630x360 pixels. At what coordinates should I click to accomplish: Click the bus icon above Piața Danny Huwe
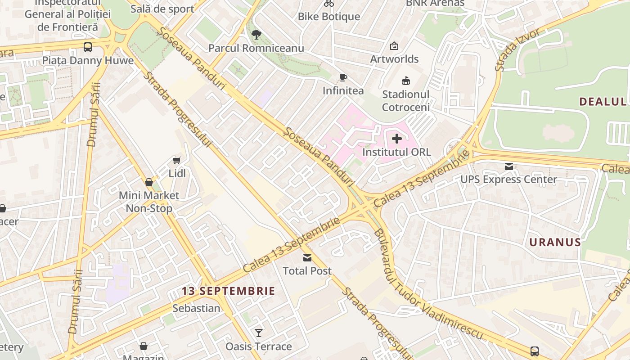click(x=88, y=47)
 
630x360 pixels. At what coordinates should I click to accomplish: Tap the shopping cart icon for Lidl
click(x=177, y=160)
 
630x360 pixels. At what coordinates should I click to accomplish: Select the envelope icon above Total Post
click(x=307, y=258)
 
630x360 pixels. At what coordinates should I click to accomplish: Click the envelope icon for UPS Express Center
click(x=509, y=166)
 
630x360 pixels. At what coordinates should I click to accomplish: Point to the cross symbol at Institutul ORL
click(x=397, y=139)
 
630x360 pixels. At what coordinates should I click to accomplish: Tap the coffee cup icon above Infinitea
click(x=343, y=77)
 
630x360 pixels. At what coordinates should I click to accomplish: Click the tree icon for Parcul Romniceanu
click(x=256, y=35)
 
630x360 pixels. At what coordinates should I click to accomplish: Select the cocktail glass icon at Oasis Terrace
click(x=259, y=333)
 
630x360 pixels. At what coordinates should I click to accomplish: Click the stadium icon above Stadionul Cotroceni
click(x=406, y=81)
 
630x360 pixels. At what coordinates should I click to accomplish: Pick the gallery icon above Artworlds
click(x=394, y=46)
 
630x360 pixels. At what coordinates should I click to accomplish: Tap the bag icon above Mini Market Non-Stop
click(x=149, y=182)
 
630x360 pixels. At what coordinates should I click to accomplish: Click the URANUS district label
click(x=555, y=242)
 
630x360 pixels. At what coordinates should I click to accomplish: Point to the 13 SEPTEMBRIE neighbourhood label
click(x=228, y=291)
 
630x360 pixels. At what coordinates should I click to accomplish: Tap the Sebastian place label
click(x=196, y=308)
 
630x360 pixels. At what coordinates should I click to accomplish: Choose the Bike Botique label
click(x=329, y=17)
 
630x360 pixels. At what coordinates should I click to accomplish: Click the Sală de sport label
click(x=162, y=9)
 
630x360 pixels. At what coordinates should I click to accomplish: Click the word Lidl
click(x=177, y=173)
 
